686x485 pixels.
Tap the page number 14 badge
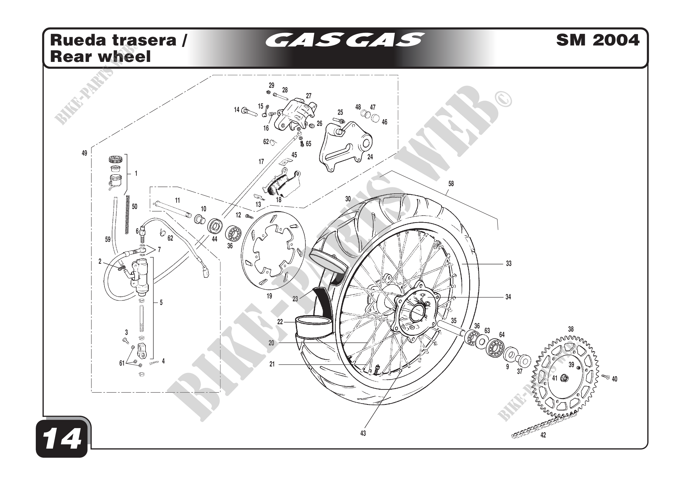pyautogui.click(x=62, y=440)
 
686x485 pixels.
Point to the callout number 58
pyautogui.click(x=451, y=184)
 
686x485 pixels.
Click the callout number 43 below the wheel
pyautogui.click(x=363, y=433)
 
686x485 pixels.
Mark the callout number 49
pyautogui.click(x=84, y=153)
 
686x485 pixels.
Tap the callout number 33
pyautogui.click(x=509, y=263)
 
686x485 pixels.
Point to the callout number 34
pyautogui.click(x=508, y=297)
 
